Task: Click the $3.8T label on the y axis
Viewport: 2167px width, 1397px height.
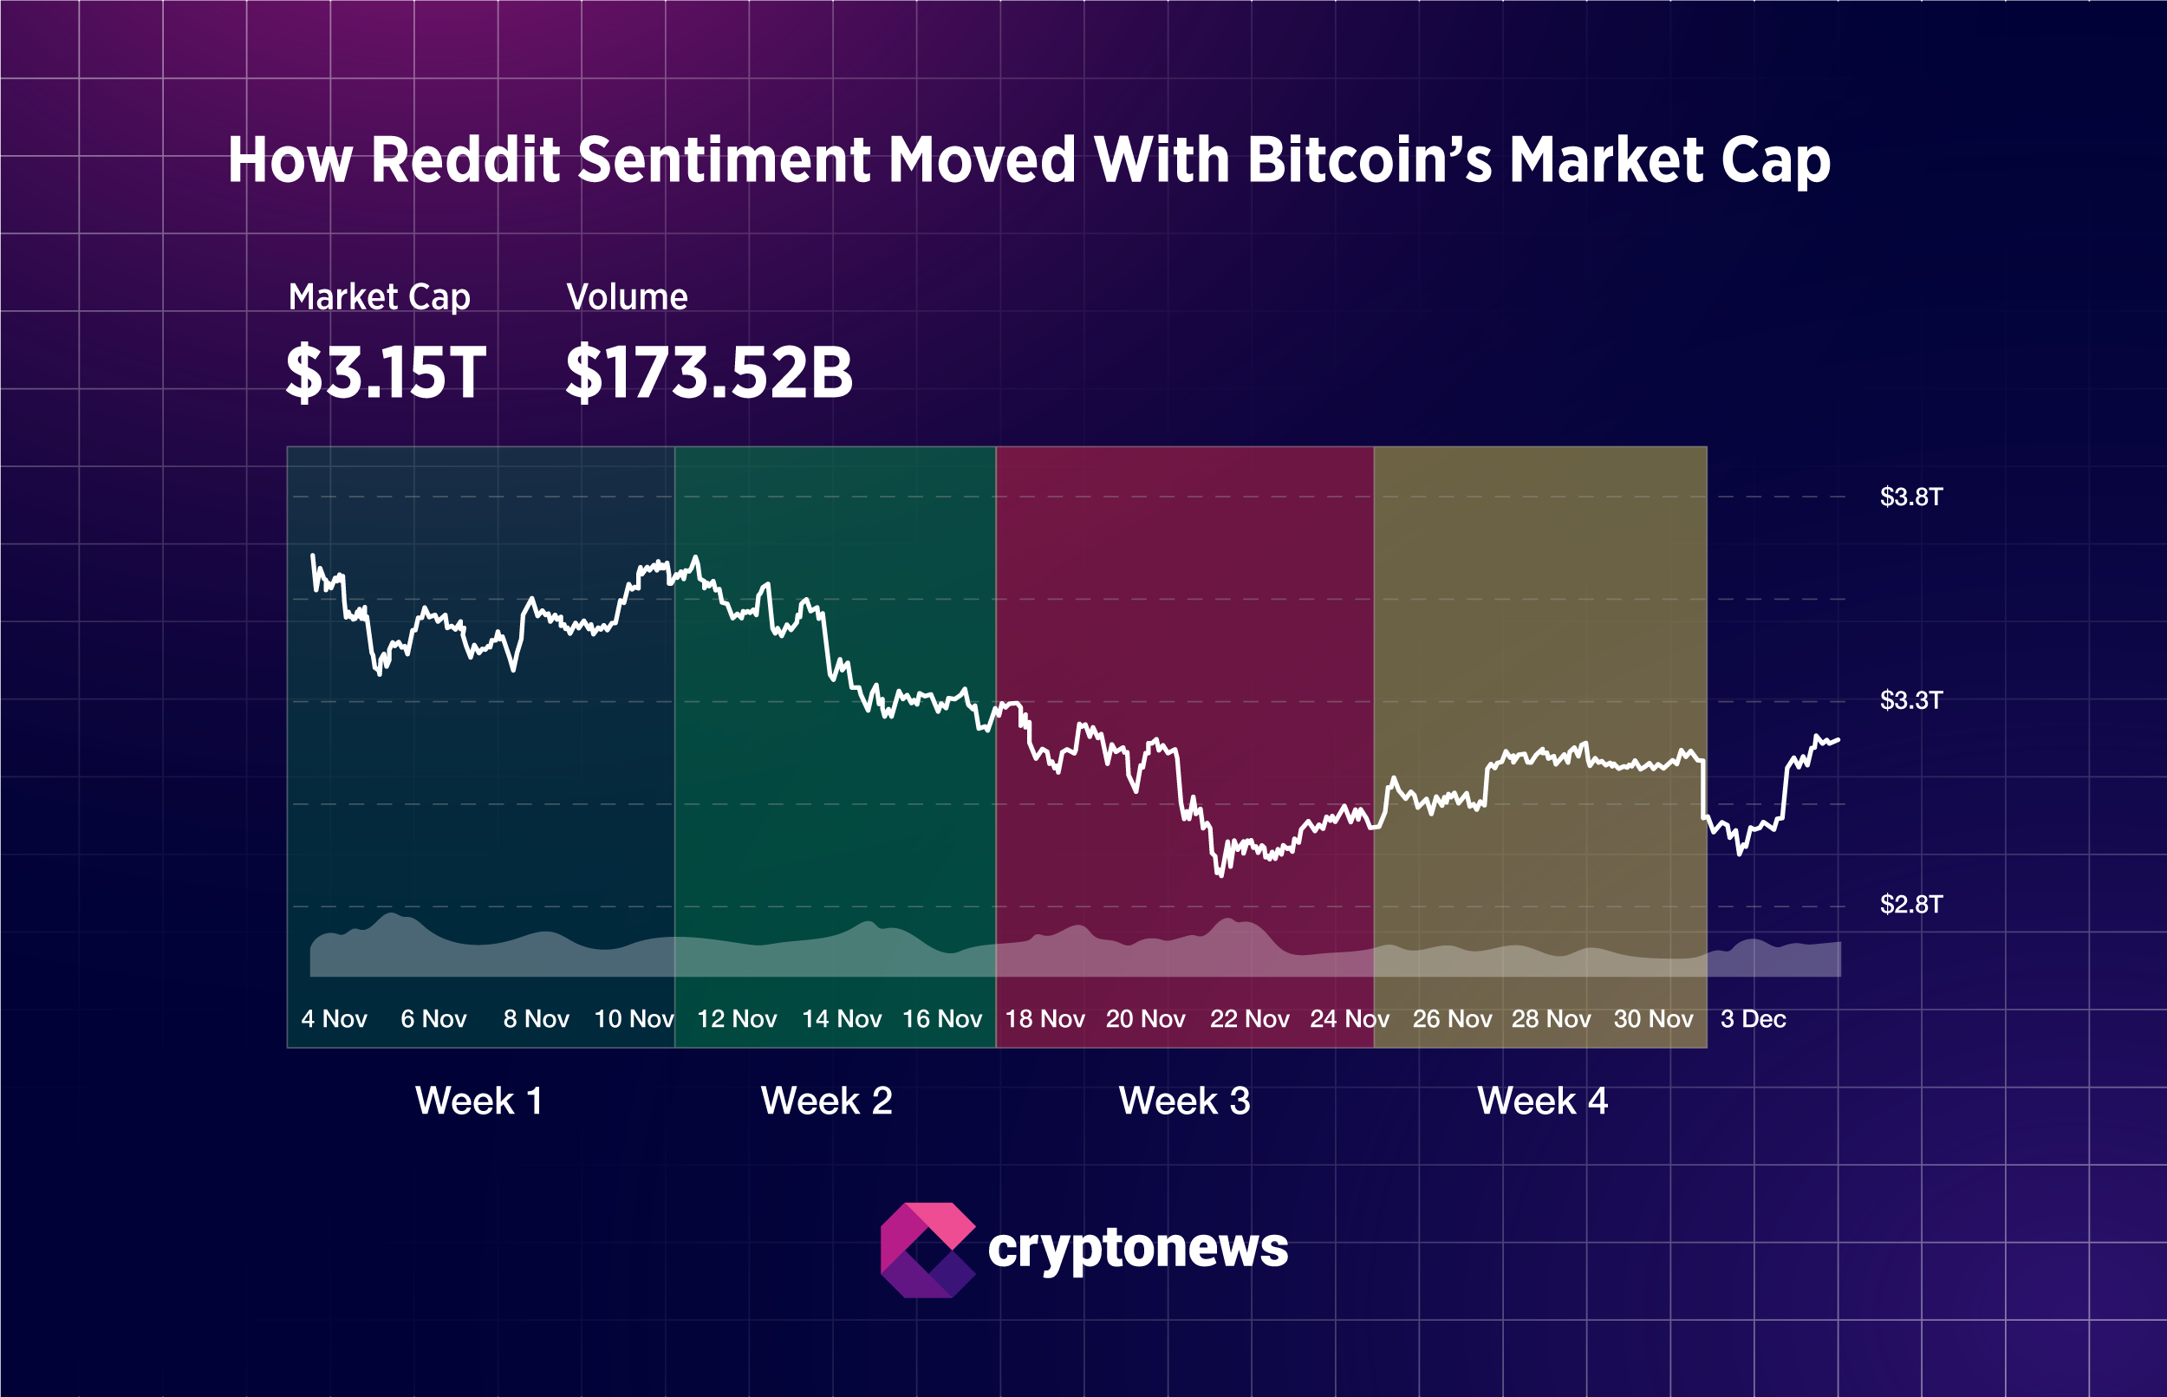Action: (x=1910, y=497)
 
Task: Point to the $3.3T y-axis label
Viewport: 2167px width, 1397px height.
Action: (x=1910, y=700)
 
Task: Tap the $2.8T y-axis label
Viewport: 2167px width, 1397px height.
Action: (x=1910, y=905)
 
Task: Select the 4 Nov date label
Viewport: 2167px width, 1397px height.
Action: (x=334, y=1019)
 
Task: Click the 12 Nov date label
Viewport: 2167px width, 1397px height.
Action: (x=737, y=1019)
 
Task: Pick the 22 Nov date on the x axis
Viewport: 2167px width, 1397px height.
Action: (x=1249, y=1019)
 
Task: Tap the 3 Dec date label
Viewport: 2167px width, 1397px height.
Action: (x=1753, y=1019)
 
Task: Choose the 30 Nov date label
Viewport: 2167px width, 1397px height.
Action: (x=1653, y=1019)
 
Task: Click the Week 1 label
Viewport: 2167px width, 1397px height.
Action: (x=479, y=1101)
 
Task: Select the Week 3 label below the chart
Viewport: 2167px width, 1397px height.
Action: (x=1184, y=1101)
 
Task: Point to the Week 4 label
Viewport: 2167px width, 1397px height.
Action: (x=1542, y=1101)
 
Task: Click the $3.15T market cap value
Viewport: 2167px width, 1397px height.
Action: (x=386, y=373)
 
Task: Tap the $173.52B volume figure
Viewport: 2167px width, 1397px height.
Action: (x=708, y=373)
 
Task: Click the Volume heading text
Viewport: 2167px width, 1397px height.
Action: (x=627, y=297)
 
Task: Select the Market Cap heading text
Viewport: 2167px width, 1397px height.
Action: (x=379, y=297)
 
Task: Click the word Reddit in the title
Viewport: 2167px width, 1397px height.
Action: (x=465, y=160)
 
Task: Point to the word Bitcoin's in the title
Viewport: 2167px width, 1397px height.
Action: (x=1369, y=160)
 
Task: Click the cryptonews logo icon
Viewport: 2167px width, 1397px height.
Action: (x=927, y=1250)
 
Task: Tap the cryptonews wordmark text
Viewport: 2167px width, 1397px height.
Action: (x=1137, y=1250)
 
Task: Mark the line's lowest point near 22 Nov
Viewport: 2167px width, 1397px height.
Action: (x=1219, y=875)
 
